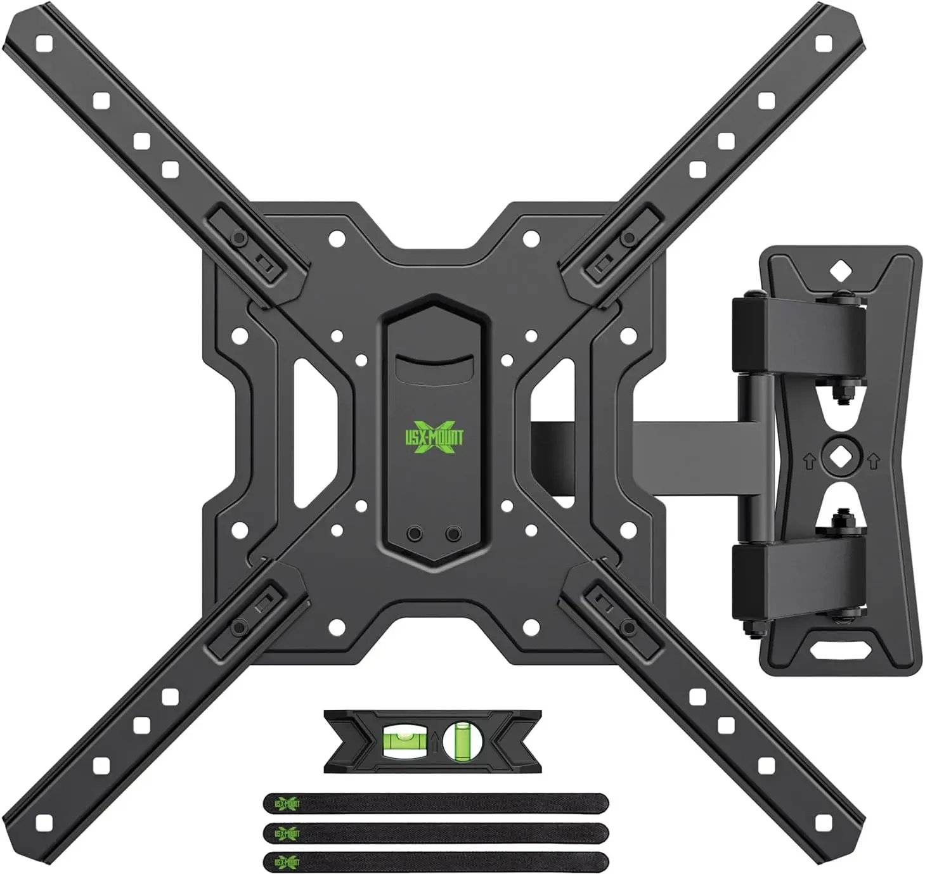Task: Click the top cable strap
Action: (436, 803)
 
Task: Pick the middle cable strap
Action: (436, 831)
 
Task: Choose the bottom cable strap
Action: (436, 860)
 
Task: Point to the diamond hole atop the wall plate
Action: (839, 271)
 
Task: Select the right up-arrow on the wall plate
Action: (873, 461)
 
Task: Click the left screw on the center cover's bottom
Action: (415, 534)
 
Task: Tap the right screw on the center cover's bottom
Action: (452, 534)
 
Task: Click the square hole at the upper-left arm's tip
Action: (44, 44)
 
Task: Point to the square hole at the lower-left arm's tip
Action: (44, 823)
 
